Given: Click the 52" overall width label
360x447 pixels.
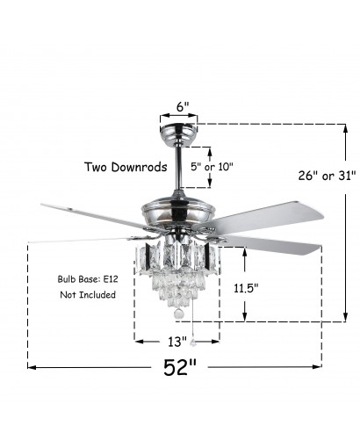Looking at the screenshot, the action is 180,367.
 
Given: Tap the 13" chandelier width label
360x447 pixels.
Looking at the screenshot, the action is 177,342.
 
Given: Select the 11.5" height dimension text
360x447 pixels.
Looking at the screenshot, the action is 246,288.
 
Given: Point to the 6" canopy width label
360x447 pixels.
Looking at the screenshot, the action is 183,106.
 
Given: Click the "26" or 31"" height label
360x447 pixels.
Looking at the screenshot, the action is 327,176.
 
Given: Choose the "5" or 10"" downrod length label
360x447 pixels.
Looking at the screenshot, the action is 212,167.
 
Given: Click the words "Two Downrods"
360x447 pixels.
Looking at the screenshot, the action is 126,167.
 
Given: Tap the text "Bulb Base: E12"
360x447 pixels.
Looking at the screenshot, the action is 88,279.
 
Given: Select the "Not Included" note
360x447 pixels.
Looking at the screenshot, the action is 88,294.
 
